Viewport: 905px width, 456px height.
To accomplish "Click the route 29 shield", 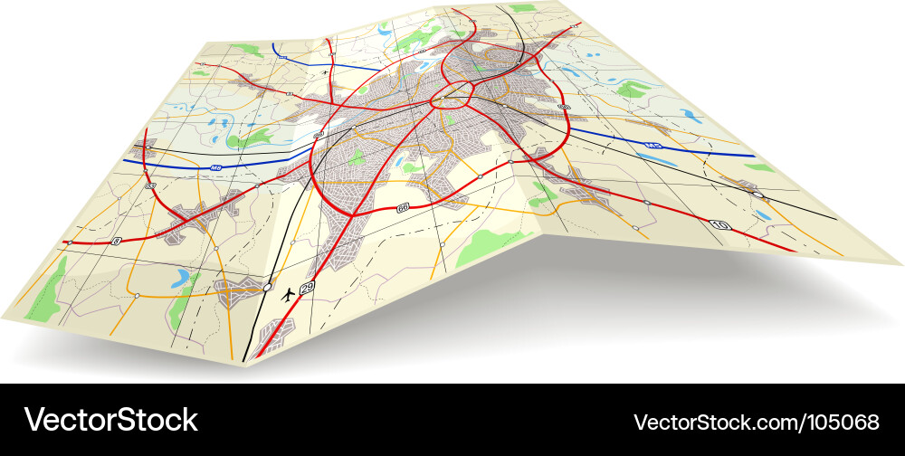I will [x=308, y=288].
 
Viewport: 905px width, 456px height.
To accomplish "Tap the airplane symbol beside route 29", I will [x=289, y=293].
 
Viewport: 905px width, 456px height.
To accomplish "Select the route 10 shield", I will [x=719, y=224].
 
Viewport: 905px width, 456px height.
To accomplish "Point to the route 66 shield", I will [x=403, y=208].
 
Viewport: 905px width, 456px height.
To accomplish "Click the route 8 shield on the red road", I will [x=117, y=241].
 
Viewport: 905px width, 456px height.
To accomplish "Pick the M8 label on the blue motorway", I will [x=215, y=167].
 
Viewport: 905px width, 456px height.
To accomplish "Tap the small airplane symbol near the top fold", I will [x=324, y=71].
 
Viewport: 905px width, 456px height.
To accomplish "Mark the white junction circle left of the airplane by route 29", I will [x=267, y=287].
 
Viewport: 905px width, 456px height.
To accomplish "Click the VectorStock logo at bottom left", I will [x=110, y=420].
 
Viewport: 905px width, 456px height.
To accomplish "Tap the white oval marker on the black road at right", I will [x=757, y=195].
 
